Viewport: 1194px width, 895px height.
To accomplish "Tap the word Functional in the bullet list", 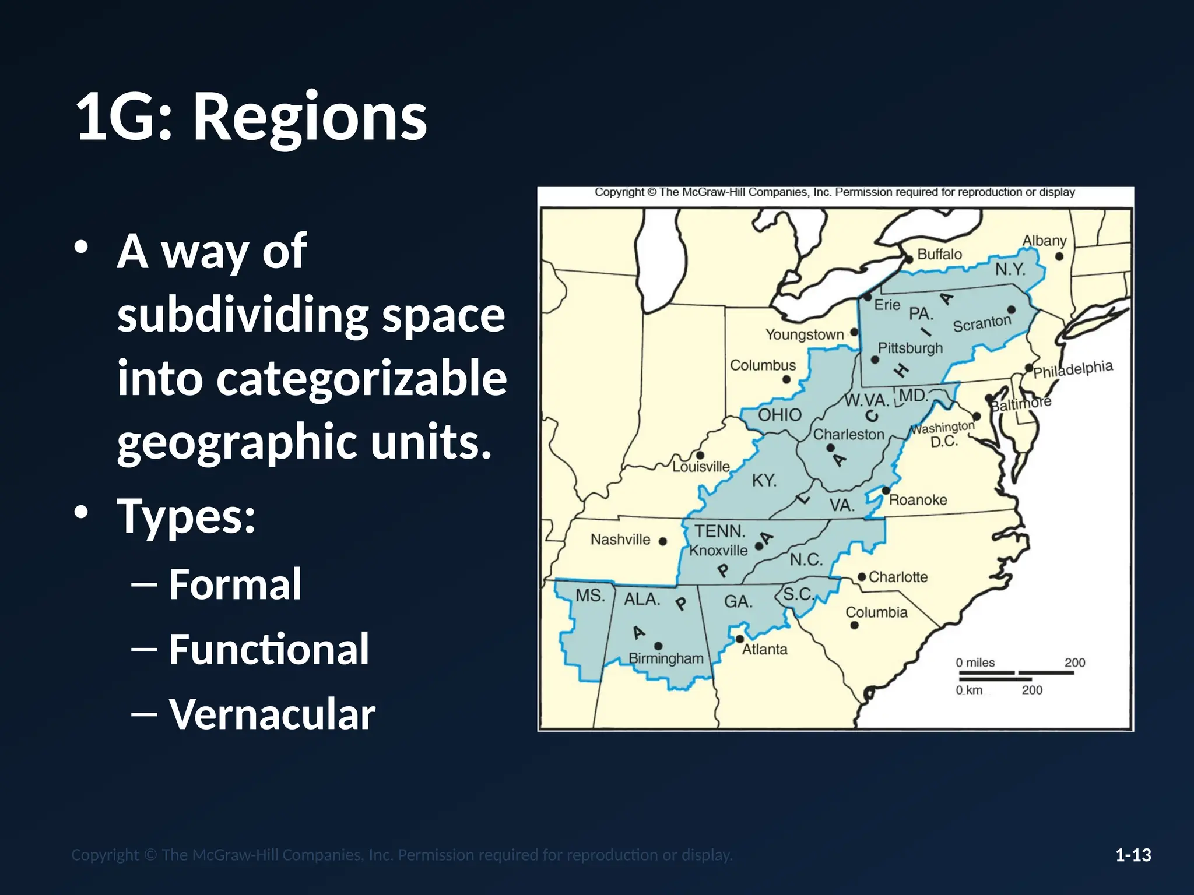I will click(x=269, y=649).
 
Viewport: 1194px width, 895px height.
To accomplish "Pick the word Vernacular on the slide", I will click(x=272, y=714).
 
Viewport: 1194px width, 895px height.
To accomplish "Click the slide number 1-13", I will click(x=1133, y=855).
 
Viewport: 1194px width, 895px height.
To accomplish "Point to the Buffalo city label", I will click(x=939, y=254).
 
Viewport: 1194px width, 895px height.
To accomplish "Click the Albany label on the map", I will click(x=1044, y=241).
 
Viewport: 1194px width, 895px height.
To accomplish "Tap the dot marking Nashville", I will click(x=662, y=541).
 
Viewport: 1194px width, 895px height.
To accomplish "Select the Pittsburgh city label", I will click(x=910, y=348).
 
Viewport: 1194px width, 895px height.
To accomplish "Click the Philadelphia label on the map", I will click(x=1073, y=369).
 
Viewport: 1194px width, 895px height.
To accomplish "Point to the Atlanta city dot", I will click(x=740, y=639).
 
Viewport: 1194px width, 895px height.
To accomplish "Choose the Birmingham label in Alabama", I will click(x=666, y=658).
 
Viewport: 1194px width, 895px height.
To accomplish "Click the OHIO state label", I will click(x=779, y=415).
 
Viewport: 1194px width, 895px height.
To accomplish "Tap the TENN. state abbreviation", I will click(x=720, y=531).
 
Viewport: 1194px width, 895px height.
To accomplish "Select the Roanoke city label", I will click(x=918, y=500).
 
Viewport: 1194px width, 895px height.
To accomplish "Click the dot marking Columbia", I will click(x=854, y=625).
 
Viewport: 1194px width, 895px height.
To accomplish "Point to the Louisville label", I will click(x=701, y=467).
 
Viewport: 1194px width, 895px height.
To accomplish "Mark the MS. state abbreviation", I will click(x=590, y=596).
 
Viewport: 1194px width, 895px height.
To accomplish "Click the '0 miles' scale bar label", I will click(x=975, y=663).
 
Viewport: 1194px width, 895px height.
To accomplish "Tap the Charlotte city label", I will click(x=898, y=577).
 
